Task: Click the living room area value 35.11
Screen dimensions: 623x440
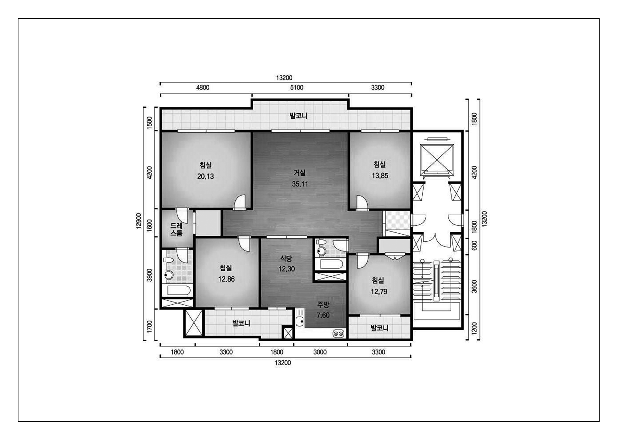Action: pos(300,184)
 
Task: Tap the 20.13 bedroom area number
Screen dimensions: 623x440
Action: pos(205,176)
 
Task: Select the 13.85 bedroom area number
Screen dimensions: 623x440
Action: pos(380,176)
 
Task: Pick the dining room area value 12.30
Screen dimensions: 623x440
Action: pos(287,269)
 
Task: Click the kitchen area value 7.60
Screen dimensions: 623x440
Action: pos(323,315)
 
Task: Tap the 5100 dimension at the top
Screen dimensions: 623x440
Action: pos(297,88)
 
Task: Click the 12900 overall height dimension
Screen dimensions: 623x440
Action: pos(139,221)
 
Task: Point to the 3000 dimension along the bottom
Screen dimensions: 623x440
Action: pos(320,352)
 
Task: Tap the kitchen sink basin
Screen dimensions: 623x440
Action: pos(300,322)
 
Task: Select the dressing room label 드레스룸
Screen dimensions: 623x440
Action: pos(176,229)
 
